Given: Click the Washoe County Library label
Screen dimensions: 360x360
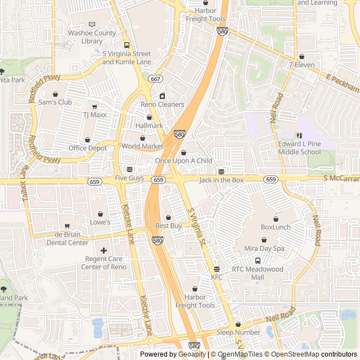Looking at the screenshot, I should click(x=92, y=37).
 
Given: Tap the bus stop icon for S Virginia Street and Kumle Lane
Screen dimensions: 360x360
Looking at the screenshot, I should click(x=127, y=46).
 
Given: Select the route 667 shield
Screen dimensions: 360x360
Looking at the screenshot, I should click(x=155, y=79).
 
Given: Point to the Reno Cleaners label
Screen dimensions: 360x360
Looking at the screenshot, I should click(x=162, y=105).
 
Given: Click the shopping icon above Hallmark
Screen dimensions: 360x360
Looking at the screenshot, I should click(x=149, y=117).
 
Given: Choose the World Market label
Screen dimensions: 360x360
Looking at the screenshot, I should click(x=142, y=146).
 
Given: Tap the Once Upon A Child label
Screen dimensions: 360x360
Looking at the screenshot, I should click(x=183, y=161).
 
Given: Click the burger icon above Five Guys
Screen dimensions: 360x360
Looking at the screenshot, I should click(x=129, y=169).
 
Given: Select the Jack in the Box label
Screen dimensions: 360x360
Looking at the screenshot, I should click(x=221, y=180).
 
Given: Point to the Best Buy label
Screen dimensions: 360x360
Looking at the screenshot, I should click(x=168, y=226).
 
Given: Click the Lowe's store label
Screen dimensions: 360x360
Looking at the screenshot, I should click(x=100, y=222).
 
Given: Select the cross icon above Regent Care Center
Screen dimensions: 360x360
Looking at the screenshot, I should click(x=103, y=250).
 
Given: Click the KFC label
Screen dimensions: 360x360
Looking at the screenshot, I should click(x=217, y=277).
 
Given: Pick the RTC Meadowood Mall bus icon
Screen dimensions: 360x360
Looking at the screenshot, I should click(x=258, y=260).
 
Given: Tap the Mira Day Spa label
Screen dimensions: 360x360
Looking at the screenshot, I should click(x=263, y=248).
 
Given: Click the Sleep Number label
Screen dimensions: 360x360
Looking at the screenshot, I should click(x=238, y=332).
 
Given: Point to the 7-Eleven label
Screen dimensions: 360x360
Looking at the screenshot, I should click(x=301, y=65).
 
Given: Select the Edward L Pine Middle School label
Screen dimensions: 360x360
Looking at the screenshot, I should click(x=299, y=148).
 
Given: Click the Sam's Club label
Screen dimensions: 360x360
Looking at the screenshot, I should click(x=55, y=102).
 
